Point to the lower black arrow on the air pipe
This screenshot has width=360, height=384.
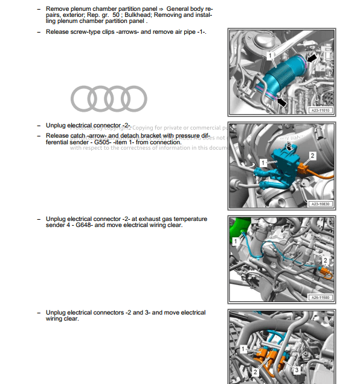282,103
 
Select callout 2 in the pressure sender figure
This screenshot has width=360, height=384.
312,156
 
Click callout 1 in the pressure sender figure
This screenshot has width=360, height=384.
263,163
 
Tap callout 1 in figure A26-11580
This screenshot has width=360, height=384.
236,242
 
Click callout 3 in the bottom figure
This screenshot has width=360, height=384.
297,369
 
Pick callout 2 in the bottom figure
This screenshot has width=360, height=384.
256,372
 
